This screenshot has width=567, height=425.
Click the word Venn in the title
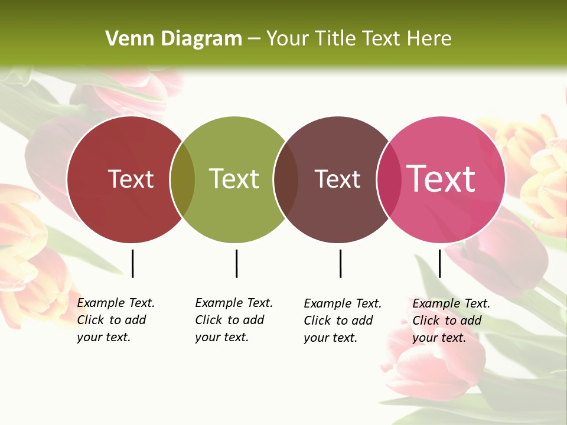coord(126,39)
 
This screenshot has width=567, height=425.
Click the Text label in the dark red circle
coord(131,179)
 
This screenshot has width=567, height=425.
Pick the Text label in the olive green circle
coord(234,179)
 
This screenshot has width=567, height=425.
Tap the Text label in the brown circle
coord(337,179)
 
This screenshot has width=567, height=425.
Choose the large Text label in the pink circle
coord(441,178)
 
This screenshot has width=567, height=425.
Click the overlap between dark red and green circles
coord(183,179)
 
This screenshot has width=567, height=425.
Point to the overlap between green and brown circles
coord(286,179)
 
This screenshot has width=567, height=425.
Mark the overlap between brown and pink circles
coord(389,179)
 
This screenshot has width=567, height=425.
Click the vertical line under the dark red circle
coord(132,263)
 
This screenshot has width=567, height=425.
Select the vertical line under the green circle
coord(236,263)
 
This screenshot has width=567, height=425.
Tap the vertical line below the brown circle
coord(340,263)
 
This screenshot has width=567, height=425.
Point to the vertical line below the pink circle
coord(439,263)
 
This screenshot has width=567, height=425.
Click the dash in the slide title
coord(254,40)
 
